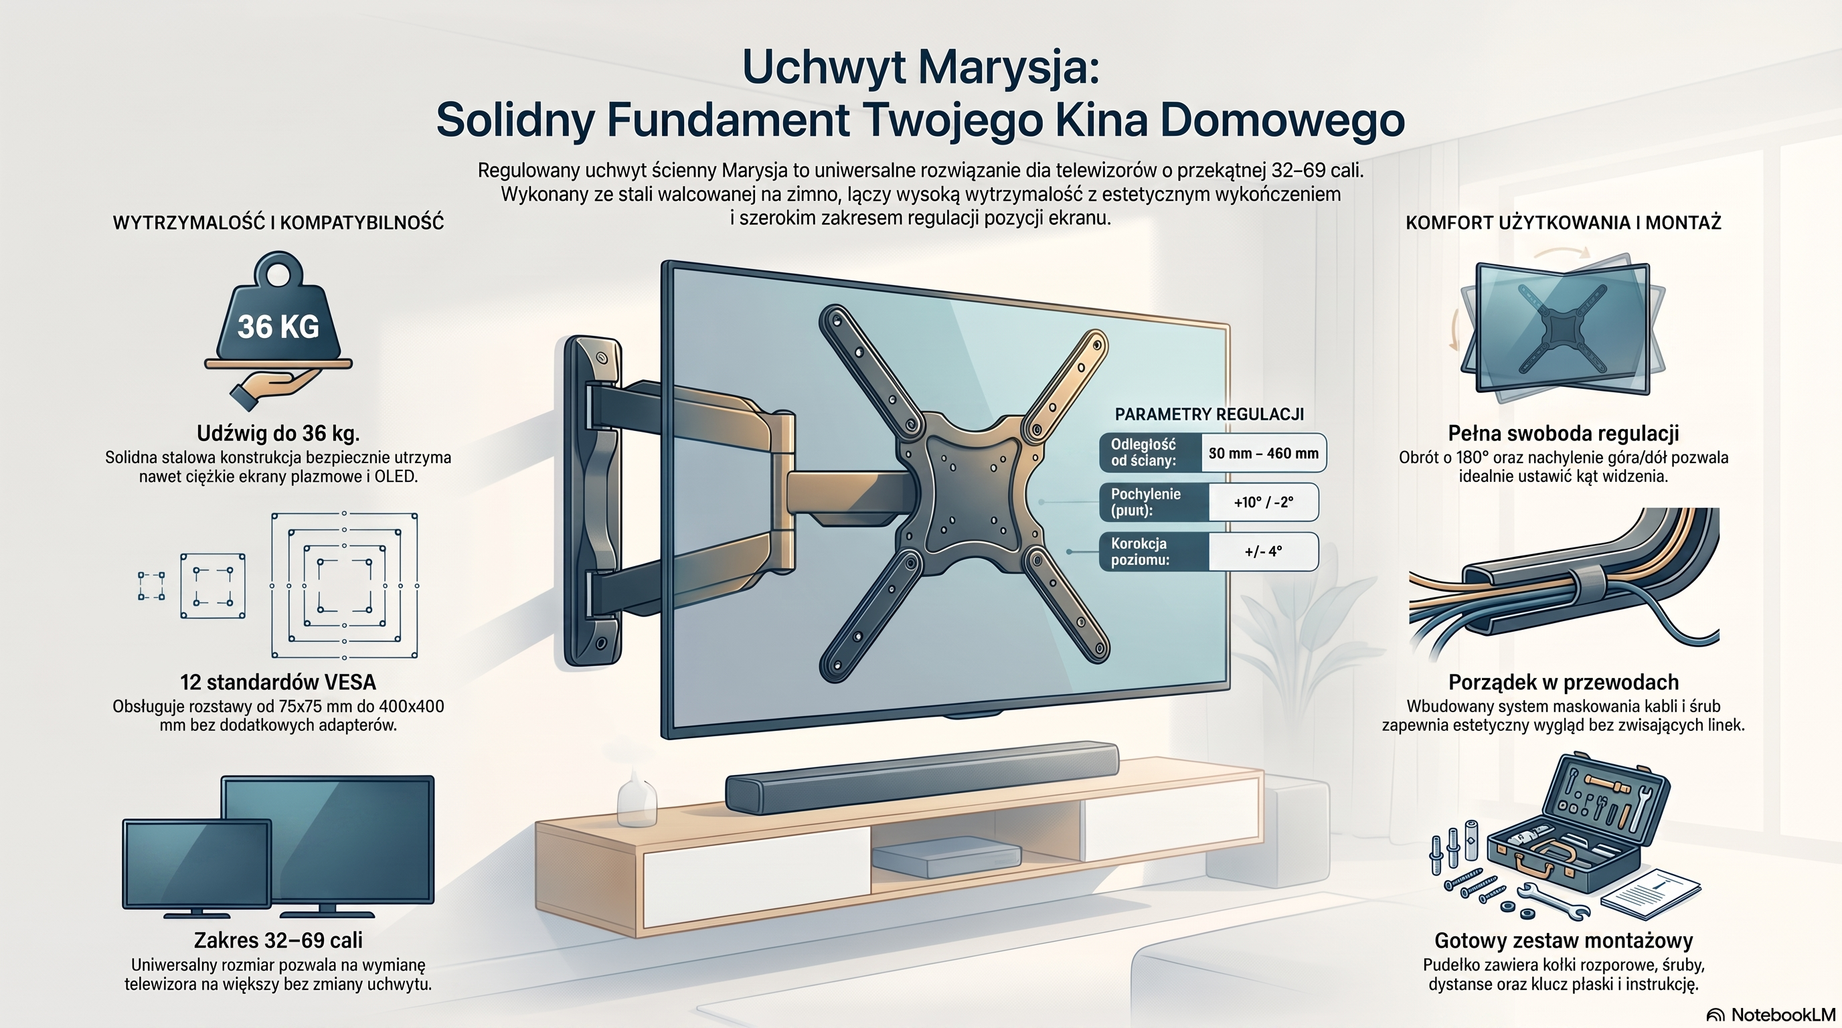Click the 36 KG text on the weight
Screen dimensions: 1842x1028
pos(278,327)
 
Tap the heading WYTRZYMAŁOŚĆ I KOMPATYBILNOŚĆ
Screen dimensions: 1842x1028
pos(278,222)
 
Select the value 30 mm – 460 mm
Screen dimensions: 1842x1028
pos(1264,453)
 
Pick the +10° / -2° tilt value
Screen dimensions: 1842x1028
pos(1264,503)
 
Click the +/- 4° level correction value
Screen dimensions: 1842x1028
pos(1264,551)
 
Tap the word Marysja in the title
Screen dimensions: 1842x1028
pos(1008,67)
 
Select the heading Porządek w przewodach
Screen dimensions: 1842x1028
pos(1564,682)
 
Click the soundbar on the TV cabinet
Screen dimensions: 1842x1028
pos(922,777)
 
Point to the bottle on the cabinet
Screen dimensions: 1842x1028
pos(637,798)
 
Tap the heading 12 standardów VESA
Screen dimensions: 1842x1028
pos(278,682)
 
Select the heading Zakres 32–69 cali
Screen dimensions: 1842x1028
pos(278,940)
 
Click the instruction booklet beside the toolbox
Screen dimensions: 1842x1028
pos(1651,894)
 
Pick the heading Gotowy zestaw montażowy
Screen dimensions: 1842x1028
pos(1564,940)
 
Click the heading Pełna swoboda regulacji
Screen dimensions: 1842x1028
pos(1564,433)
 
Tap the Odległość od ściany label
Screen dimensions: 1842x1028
pos(1143,452)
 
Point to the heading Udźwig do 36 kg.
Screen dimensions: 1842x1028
pos(278,433)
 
